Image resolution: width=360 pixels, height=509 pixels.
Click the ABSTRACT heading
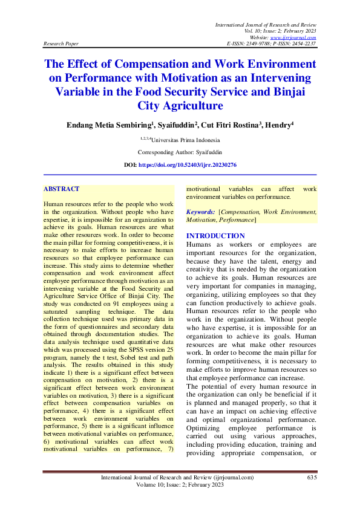[x=62, y=189]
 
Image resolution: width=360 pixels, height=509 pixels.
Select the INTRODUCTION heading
[x=216, y=236]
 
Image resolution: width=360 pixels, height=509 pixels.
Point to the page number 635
[x=312, y=478]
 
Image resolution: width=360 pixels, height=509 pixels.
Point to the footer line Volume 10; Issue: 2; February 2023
[x=180, y=485]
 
